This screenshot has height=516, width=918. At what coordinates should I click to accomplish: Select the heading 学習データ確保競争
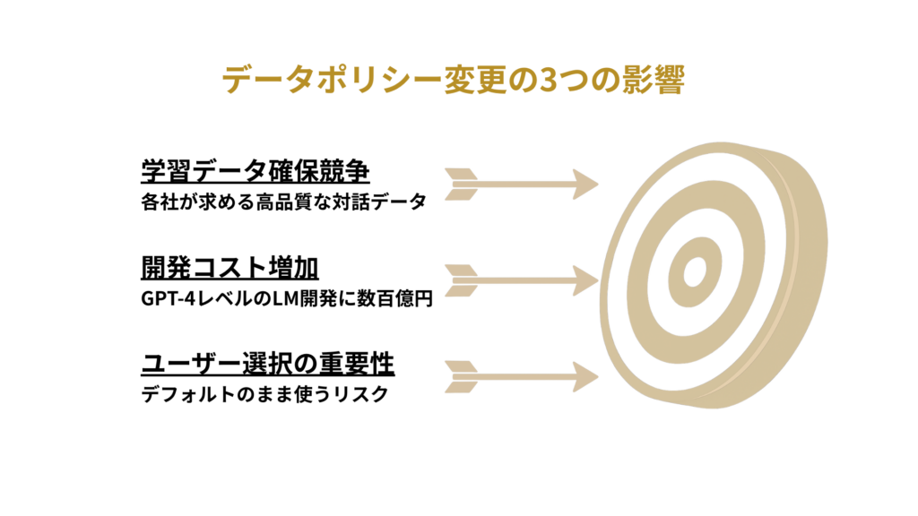[255, 170]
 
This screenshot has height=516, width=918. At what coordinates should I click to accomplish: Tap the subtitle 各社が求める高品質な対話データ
[282, 201]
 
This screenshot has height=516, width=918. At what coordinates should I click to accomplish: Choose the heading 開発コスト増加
[231, 268]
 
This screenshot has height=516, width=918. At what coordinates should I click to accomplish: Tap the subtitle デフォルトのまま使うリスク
[264, 395]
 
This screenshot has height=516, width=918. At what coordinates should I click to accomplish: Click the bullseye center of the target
[691, 271]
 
